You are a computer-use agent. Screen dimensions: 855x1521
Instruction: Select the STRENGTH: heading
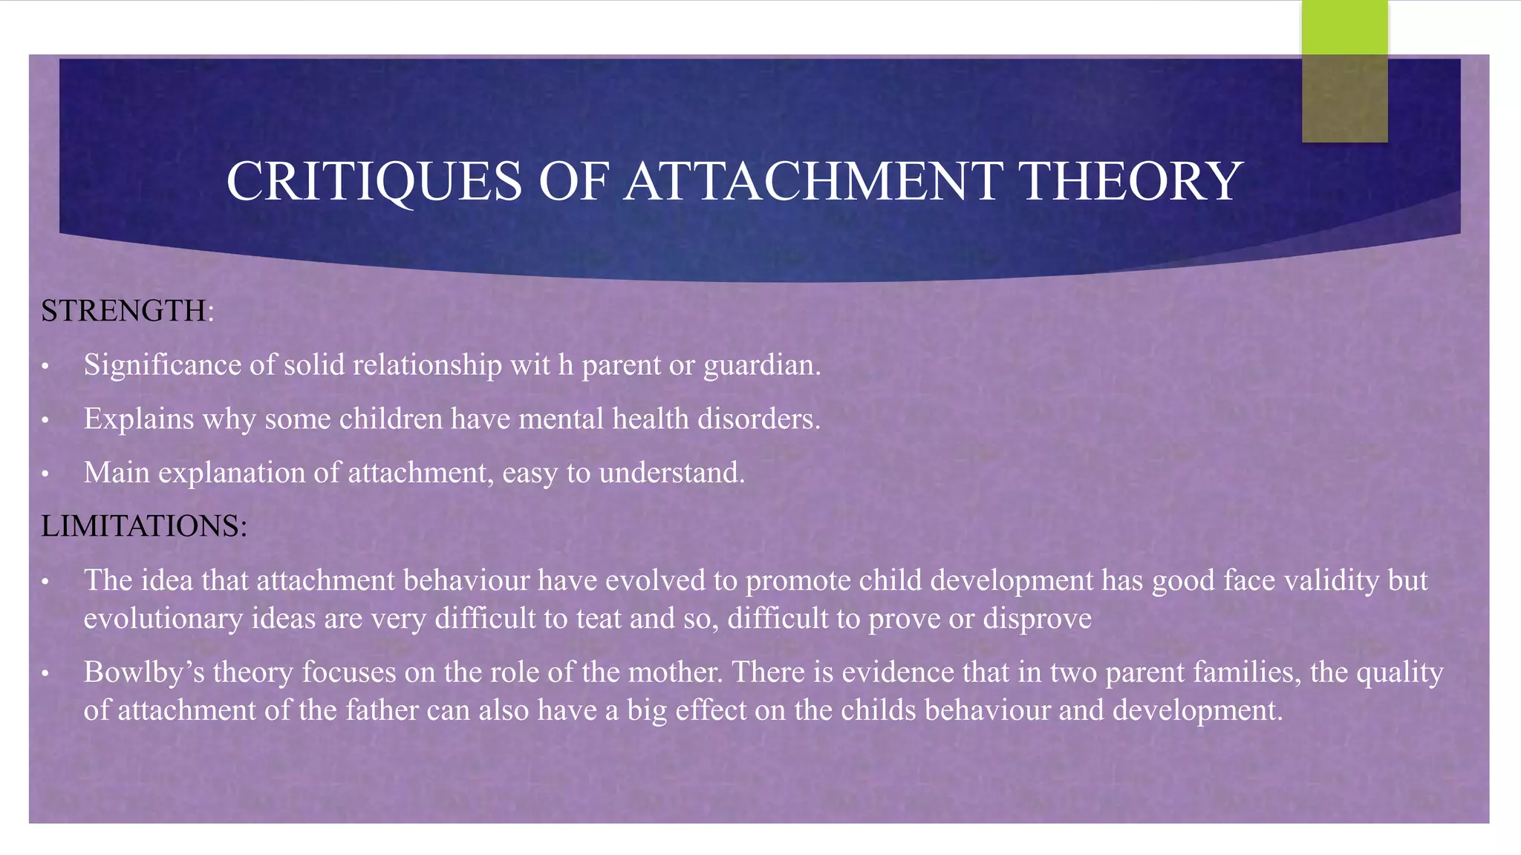point(127,311)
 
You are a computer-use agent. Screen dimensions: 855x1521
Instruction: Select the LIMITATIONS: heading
point(143,526)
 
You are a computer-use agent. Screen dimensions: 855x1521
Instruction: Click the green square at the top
point(1344,28)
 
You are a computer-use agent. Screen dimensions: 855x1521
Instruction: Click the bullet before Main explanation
point(45,474)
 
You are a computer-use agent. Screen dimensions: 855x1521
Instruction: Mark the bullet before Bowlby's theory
point(45,673)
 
